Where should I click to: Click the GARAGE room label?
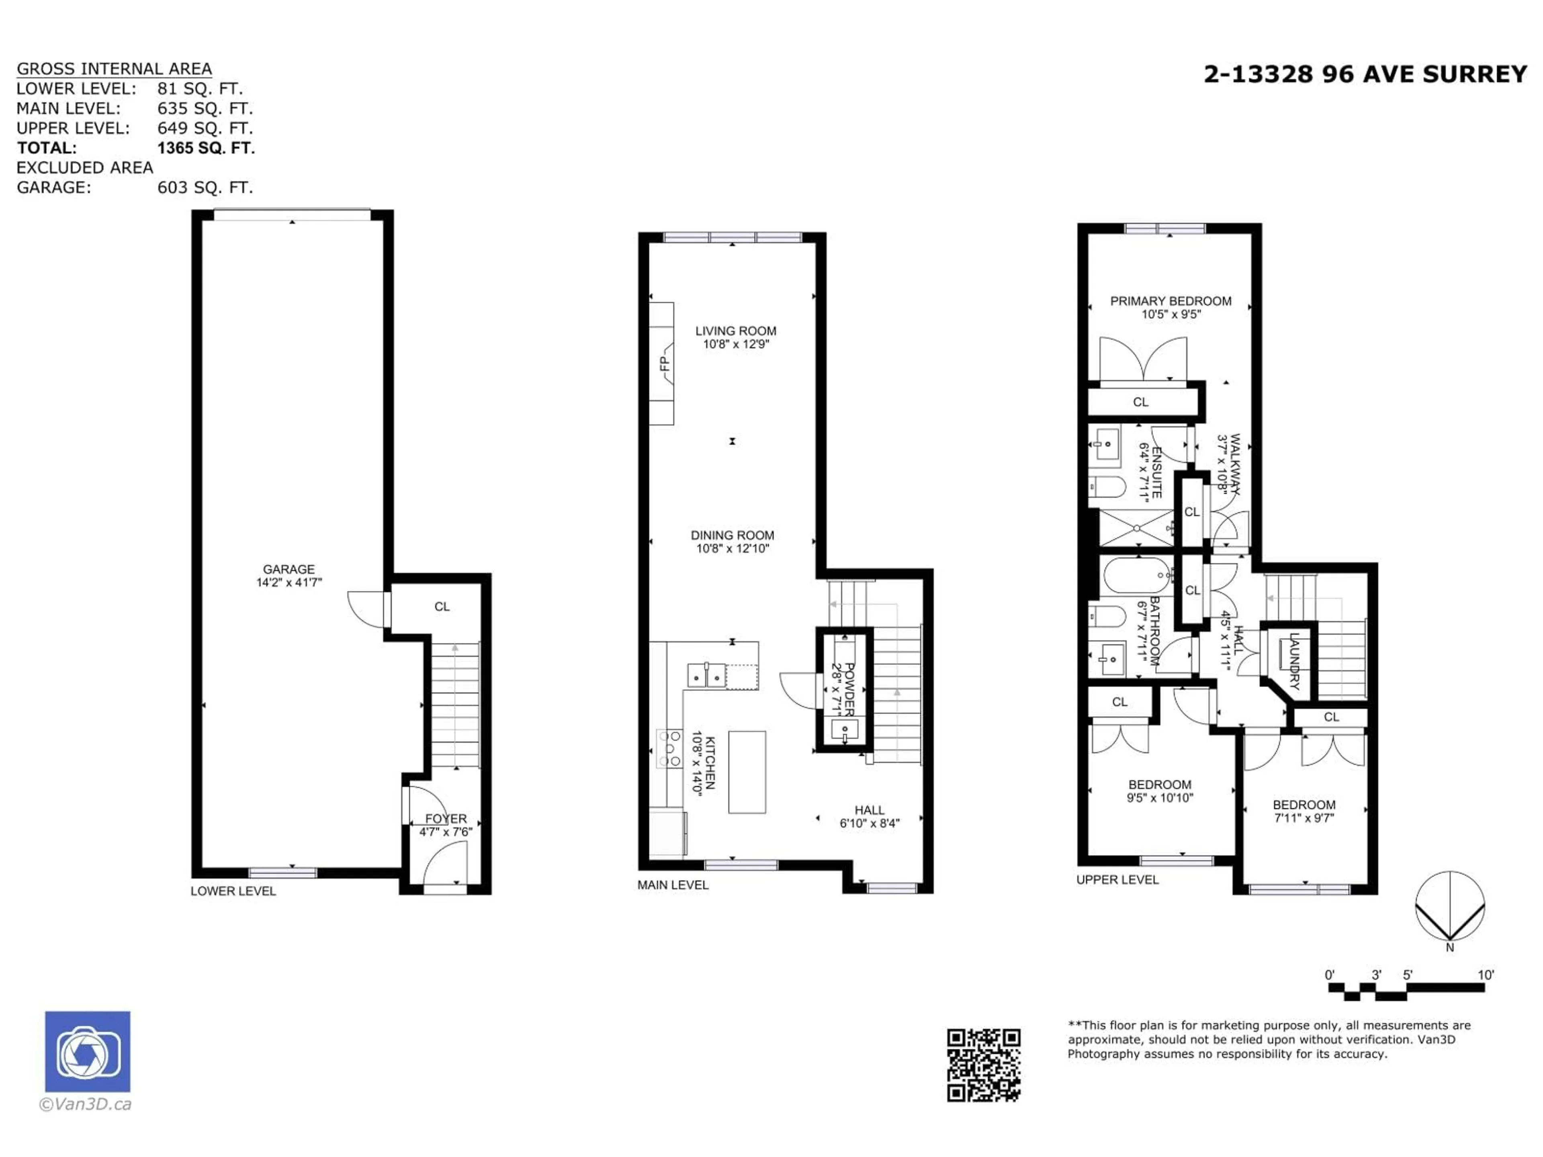pyautogui.click(x=289, y=569)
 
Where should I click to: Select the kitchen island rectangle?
pyautogui.click(x=747, y=772)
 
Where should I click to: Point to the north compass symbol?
pyautogui.click(x=1449, y=907)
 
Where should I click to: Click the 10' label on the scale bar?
pyautogui.click(x=1486, y=975)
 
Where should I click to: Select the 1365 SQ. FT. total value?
pyautogui.click(x=206, y=148)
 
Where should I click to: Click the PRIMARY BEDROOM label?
pyautogui.click(x=1171, y=301)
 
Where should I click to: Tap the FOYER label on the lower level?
pyautogui.click(x=446, y=819)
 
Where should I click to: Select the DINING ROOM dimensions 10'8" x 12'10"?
pyautogui.click(x=733, y=549)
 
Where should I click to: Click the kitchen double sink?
pyautogui.click(x=706, y=675)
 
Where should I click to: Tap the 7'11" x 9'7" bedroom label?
pyautogui.click(x=1304, y=818)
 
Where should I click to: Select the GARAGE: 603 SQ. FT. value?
pyautogui.click(x=205, y=188)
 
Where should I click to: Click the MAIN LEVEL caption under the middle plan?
pyautogui.click(x=672, y=885)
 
